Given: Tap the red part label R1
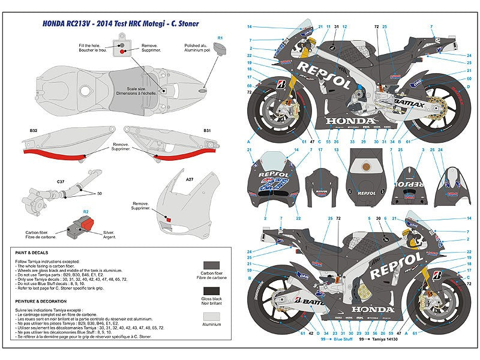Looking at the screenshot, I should point(220,38).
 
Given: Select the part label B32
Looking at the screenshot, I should point(34,130).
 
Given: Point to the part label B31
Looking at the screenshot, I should point(207,130).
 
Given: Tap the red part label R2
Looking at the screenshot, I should point(86,212).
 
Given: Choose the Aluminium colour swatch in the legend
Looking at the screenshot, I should point(211,324).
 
